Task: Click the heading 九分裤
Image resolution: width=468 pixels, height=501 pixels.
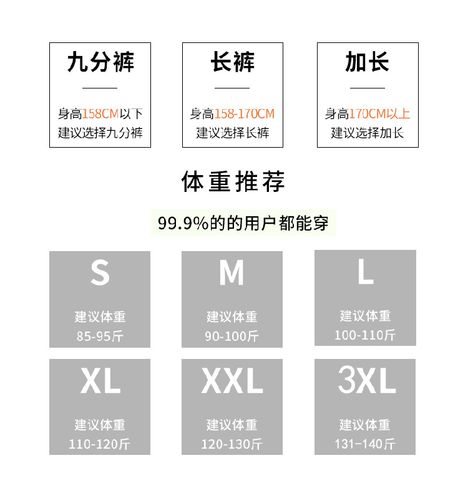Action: (x=100, y=63)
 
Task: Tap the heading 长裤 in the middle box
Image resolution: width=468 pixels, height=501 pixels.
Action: (x=232, y=63)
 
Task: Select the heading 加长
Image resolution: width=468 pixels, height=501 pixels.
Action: (x=367, y=63)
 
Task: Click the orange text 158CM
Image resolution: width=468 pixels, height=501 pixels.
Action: (x=100, y=114)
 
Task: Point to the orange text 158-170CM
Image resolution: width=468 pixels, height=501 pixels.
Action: (x=245, y=114)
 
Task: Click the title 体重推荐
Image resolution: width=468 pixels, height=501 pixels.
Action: (x=233, y=182)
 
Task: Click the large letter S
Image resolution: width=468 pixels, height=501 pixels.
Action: (x=100, y=273)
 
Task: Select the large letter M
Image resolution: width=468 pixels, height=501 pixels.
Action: (x=232, y=273)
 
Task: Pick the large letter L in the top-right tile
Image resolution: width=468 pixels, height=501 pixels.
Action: (x=366, y=272)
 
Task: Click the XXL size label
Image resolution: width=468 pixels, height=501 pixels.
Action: (x=232, y=381)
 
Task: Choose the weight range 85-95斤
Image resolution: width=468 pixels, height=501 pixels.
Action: (x=100, y=336)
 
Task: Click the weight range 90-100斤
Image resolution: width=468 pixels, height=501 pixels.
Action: (x=232, y=336)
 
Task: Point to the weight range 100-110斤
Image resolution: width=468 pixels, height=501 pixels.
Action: (x=365, y=335)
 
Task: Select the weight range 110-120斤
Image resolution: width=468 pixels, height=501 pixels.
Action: (x=100, y=445)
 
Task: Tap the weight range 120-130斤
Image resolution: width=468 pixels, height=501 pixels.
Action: (x=232, y=445)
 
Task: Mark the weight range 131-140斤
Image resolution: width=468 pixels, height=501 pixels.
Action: (x=365, y=444)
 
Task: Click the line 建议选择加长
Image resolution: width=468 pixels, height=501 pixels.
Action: (x=367, y=133)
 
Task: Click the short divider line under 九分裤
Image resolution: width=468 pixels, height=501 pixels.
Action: (x=100, y=88)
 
